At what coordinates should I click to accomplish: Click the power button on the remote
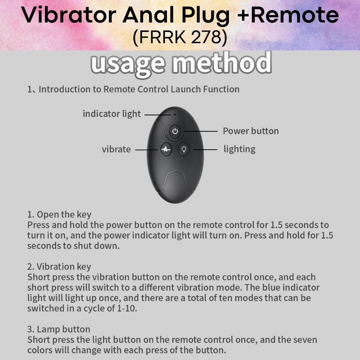(175, 132)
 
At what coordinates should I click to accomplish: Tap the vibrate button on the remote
(166, 149)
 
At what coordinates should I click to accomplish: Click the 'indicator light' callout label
(112, 114)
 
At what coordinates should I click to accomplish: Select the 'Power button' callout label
(251, 131)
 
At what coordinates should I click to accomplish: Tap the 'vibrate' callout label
(116, 149)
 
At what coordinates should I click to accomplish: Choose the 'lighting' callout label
(239, 149)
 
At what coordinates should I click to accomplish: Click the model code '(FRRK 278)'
(180, 38)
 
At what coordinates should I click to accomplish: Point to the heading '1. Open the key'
(59, 215)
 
